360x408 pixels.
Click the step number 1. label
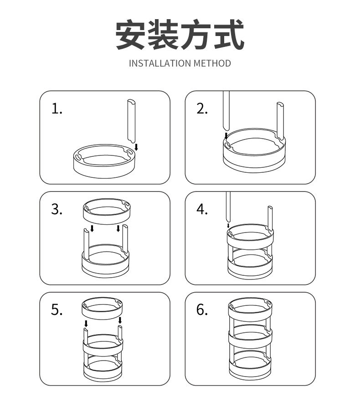click(x=57, y=109)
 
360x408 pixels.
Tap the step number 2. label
click(x=202, y=109)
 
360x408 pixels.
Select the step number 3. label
click(x=57, y=209)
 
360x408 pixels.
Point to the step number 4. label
click(x=202, y=209)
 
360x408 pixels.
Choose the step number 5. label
click(x=57, y=310)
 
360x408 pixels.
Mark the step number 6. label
click(x=202, y=310)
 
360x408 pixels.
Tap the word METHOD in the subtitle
click(x=212, y=63)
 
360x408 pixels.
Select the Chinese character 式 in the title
click(x=228, y=35)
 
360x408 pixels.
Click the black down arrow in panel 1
click(x=136, y=147)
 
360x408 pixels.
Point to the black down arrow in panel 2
click(x=226, y=135)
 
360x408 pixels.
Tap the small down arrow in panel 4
click(x=228, y=225)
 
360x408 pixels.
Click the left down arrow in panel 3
click(x=92, y=228)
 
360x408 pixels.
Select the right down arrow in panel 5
click(x=120, y=321)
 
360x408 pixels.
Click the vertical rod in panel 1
click(x=131, y=121)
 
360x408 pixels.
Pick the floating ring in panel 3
click(x=106, y=212)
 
